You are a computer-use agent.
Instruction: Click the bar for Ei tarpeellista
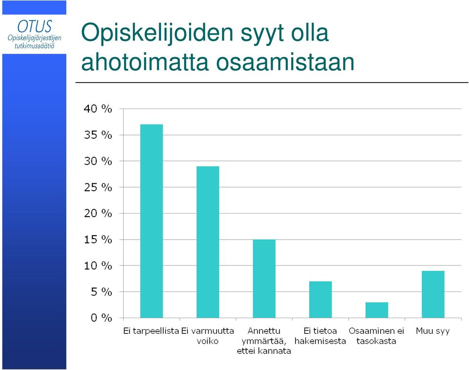[151, 221]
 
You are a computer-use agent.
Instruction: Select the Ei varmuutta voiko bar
[208, 242]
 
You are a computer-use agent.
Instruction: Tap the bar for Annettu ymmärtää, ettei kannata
[264, 279]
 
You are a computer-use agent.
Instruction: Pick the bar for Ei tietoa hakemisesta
[320, 299]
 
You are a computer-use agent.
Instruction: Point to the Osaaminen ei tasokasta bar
[377, 310]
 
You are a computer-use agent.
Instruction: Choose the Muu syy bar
[433, 294]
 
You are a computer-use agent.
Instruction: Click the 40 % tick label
[98, 109]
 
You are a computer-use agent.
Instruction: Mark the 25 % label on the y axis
[98, 187]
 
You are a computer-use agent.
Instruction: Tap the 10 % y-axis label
[98, 266]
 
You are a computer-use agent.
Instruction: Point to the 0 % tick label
[101, 318]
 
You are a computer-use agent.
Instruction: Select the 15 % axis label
[98, 239]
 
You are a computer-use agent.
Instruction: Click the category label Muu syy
[433, 331]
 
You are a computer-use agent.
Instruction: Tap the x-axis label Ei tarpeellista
[151, 331]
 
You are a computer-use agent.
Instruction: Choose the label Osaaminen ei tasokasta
[376, 336]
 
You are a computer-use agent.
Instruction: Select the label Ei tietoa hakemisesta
[320, 336]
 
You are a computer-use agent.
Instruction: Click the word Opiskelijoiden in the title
[157, 33]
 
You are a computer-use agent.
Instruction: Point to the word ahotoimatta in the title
[145, 62]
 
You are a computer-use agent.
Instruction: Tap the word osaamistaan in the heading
[285, 62]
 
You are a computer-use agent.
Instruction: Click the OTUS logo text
[34, 26]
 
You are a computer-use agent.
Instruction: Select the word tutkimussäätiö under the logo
[34, 46]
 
